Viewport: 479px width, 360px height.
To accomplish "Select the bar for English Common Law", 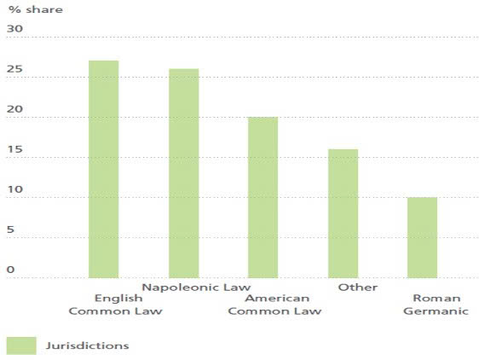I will point(103,169).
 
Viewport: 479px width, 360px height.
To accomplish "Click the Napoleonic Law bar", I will point(183,173).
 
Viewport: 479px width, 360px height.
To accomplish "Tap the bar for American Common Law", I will point(263,197).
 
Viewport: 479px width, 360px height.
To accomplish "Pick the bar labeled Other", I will point(343,213).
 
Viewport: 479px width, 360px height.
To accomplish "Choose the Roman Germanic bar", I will point(422,237).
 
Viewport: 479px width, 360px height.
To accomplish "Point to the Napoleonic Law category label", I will point(195,287).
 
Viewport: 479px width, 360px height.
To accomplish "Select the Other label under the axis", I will point(357,287).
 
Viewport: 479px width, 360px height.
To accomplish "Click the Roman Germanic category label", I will point(436,305).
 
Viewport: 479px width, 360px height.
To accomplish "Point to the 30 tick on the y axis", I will point(14,28).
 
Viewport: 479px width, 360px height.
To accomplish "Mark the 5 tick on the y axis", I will point(11,229).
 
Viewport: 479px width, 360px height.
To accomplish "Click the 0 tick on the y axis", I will point(11,270).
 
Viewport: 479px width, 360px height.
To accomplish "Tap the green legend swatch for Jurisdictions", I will point(21,345).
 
